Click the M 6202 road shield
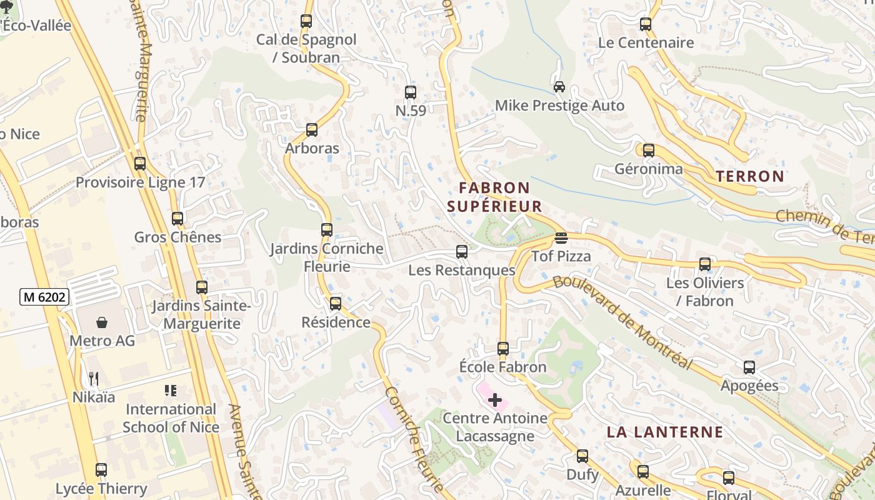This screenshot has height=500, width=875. tap(44, 297)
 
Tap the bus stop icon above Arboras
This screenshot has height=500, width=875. tap(311, 130)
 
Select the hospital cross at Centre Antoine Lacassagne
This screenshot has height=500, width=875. tap(495, 399)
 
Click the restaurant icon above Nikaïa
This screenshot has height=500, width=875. tap(94, 378)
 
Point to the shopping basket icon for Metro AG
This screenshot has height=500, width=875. tap(102, 322)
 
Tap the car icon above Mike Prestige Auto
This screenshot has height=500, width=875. tap(559, 87)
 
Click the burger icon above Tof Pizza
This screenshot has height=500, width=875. tap(561, 237)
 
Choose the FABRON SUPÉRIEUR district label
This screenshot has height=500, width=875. tap(494, 197)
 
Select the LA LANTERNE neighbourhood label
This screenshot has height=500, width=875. tap(665, 432)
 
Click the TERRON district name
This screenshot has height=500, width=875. tap(750, 176)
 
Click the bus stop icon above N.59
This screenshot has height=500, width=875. tap(410, 92)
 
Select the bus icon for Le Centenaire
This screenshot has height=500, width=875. tap(646, 24)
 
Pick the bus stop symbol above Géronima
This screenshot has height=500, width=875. tap(649, 151)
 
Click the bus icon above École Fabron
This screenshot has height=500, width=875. tap(503, 348)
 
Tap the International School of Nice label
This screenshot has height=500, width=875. tap(171, 418)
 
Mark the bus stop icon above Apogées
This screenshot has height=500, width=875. tap(749, 367)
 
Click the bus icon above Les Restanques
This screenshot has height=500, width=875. tap(462, 252)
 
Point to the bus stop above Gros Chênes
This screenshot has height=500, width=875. tap(177, 219)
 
